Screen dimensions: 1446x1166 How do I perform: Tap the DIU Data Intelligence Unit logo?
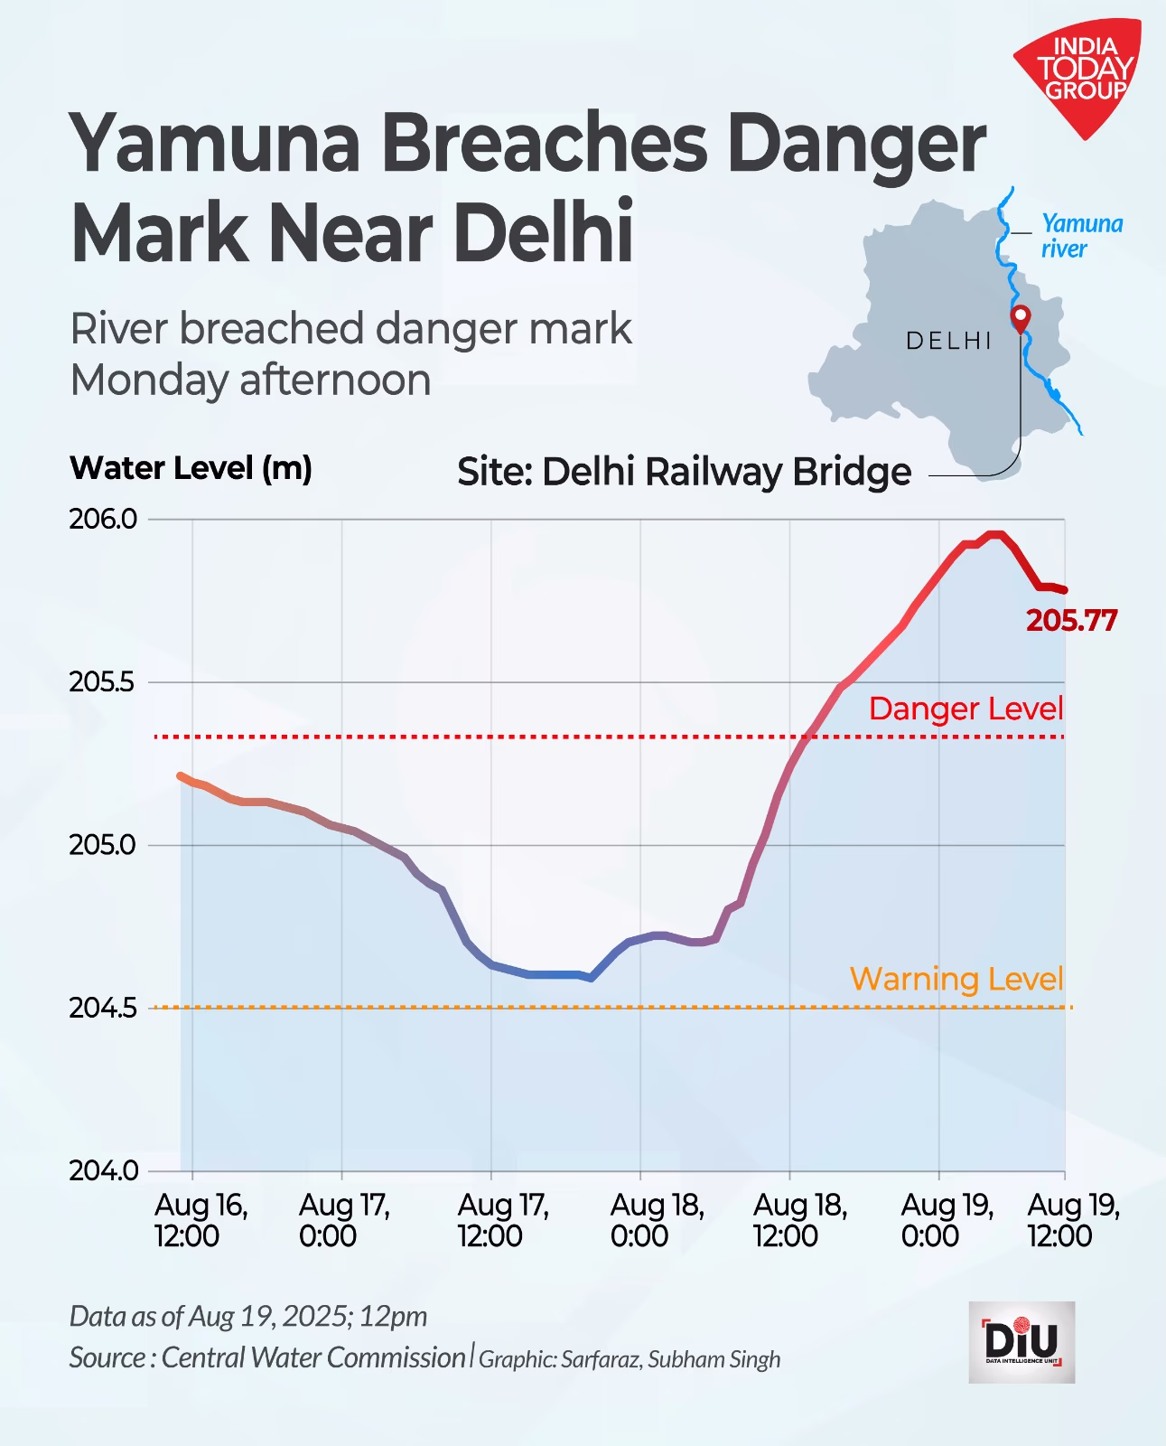(1021, 1341)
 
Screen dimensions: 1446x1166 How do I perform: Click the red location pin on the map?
(1021, 317)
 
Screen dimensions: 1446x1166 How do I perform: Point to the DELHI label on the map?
(948, 341)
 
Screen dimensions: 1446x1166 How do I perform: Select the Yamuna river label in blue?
(1081, 236)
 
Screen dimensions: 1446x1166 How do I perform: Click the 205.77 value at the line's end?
(1071, 621)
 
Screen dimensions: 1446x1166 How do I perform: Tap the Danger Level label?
(965, 709)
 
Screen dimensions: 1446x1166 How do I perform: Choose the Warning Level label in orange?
(956, 979)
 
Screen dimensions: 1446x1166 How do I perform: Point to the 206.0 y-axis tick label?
(103, 519)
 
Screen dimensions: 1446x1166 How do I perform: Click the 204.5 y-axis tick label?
(103, 1008)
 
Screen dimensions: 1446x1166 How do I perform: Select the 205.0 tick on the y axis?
(103, 845)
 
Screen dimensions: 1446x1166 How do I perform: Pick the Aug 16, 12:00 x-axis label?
(200, 1220)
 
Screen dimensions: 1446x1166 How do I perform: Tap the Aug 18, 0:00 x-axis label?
(657, 1220)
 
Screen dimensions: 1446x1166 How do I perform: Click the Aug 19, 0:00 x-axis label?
(947, 1220)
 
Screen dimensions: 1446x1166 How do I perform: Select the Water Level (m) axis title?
(191, 468)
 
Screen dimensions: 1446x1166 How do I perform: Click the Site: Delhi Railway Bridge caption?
(684, 472)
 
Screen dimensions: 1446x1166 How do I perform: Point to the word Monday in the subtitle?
(149, 380)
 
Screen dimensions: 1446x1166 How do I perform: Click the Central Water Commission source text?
(312, 1357)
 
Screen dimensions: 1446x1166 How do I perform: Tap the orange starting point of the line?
(182, 776)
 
